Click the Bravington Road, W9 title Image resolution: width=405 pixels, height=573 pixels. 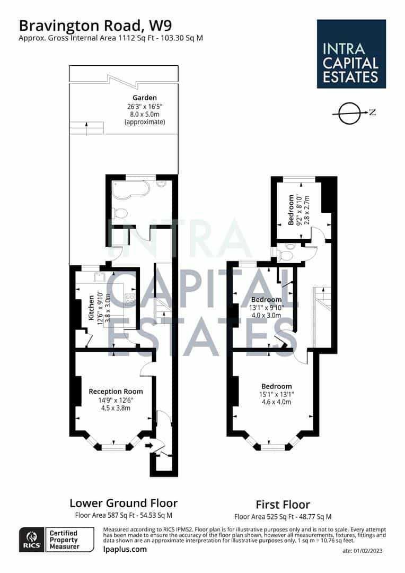(x=95, y=25)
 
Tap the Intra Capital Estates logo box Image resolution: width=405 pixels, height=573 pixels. (x=351, y=54)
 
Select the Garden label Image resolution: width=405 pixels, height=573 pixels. (x=145, y=98)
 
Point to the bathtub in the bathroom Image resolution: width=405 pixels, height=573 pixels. (x=131, y=190)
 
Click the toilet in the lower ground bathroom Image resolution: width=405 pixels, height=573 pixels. (x=119, y=213)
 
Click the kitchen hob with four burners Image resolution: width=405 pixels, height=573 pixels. (x=130, y=300)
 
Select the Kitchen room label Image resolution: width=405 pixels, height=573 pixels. (x=91, y=308)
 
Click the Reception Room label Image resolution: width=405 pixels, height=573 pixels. (x=116, y=392)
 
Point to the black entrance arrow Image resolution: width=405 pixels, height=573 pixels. (x=148, y=445)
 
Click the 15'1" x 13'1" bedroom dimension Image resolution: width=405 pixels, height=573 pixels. (x=277, y=394)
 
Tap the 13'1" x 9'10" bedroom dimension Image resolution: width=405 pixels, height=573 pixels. (x=267, y=308)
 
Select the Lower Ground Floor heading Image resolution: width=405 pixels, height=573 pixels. (x=124, y=503)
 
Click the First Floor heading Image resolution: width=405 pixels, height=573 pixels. (x=283, y=505)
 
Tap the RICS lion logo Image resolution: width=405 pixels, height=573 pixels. (x=32, y=540)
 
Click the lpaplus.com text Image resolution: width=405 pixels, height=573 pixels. (x=125, y=549)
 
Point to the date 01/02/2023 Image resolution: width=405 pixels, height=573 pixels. (x=363, y=551)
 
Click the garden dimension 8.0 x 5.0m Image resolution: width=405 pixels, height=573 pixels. (x=145, y=114)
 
